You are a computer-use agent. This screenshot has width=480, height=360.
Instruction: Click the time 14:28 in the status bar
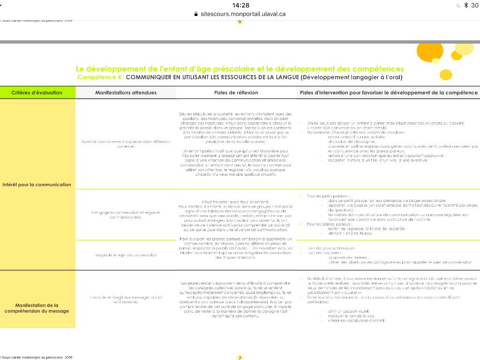(x=240, y=5)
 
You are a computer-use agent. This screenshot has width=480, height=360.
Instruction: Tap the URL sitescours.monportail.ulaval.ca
(x=243, y=14)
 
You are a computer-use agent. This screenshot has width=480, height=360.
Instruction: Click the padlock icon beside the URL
(x=196, y=14)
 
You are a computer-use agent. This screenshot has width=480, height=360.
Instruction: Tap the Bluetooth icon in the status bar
(x=466, y=5)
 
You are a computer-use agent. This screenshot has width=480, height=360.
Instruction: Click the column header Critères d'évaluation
(x=37, y=92)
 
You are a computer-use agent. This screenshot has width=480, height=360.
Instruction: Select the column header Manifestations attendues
(x=126, y=93)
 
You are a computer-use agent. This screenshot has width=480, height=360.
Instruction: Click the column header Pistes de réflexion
(x=236, y=93)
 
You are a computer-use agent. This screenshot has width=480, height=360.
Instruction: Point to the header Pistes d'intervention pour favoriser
(x=389, y=93)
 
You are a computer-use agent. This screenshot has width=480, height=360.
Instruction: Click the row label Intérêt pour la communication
(x=37, y=184)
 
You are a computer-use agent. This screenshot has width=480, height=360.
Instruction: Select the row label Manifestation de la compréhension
(x=37, y=307)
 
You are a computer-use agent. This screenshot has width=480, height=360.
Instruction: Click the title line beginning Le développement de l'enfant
(x=240, y=69)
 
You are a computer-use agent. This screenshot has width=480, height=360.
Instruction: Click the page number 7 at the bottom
(x=240, y=358)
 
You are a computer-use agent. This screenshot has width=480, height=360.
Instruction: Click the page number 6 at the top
(x=240, y=22)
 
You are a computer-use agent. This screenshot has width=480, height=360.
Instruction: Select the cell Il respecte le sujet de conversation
(x=126, y=255)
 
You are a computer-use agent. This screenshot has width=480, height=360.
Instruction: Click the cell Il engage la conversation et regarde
(x=126, y=215)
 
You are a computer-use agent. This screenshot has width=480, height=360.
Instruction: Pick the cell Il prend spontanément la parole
(x=126, y=144)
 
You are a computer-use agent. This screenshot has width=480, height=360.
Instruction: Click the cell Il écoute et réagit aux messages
(x=126, y=300)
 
